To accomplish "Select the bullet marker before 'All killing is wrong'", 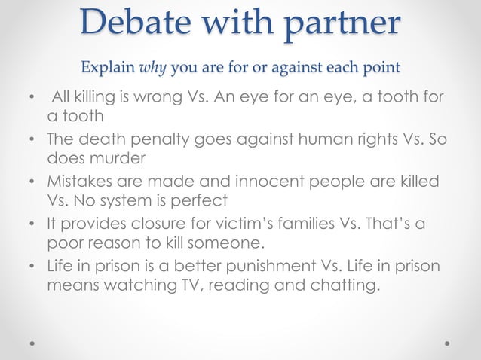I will [31, 99].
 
